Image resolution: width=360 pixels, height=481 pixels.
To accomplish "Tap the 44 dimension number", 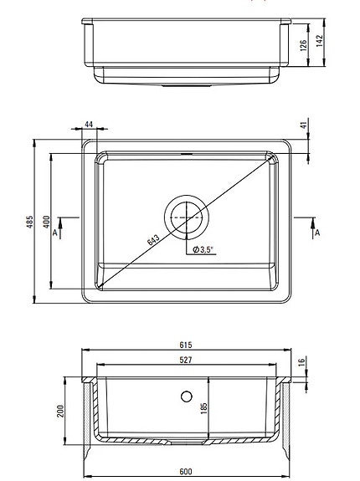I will coord(89,125).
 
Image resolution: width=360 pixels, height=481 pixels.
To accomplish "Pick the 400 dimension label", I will coord(47,222).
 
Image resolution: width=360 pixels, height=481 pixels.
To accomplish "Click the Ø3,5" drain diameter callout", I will coord(203,249).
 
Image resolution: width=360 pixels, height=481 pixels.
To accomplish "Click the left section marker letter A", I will coord(54,233).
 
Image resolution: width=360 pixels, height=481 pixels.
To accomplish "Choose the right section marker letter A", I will coord(316,233).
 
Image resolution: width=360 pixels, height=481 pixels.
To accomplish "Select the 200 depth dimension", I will coord(61,410).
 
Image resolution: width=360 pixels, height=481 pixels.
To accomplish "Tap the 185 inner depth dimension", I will coord(203,409).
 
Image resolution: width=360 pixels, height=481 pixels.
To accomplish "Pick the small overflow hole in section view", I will coord(186,393).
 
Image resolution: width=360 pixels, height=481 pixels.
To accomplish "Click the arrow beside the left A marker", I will coord(56,222).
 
